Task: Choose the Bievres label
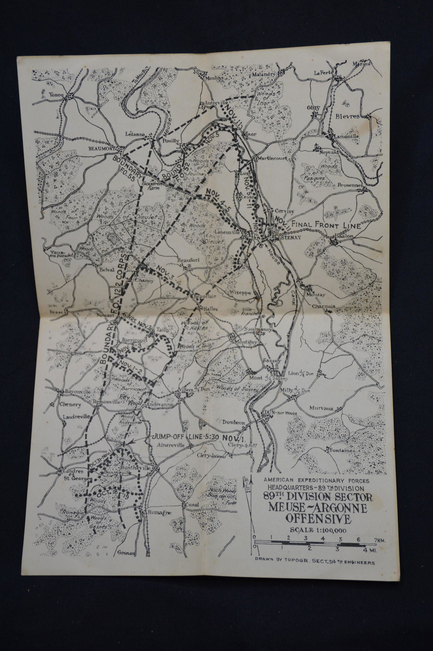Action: pyautogui.click(x=347, y=116)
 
